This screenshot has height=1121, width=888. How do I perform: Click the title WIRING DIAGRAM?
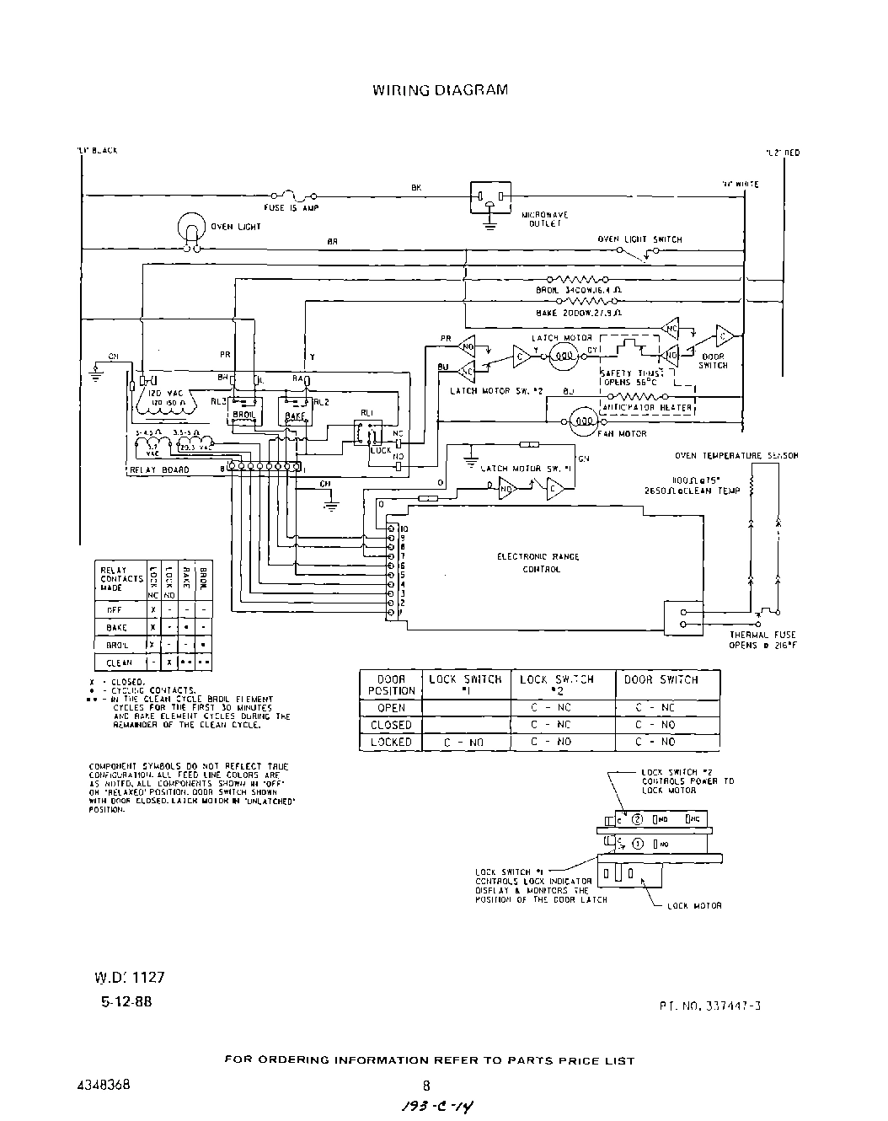pos(440,90)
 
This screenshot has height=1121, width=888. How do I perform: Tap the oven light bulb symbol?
pos(192,228)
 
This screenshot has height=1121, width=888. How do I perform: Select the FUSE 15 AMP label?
pos(291,207)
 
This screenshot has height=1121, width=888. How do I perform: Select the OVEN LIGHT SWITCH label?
pos(639,239)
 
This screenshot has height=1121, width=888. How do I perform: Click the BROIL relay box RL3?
pos(238,412)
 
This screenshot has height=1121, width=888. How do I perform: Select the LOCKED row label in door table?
pos(392,743)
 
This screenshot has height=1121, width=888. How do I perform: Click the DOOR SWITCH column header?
pos(667,679)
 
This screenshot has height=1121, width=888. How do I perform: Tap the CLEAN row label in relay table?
pos(119,663)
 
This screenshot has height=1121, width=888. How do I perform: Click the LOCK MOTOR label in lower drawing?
pos(694,906)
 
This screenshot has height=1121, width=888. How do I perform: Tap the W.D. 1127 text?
pos(129,978)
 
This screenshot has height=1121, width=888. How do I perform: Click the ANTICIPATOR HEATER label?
pos(646,408)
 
